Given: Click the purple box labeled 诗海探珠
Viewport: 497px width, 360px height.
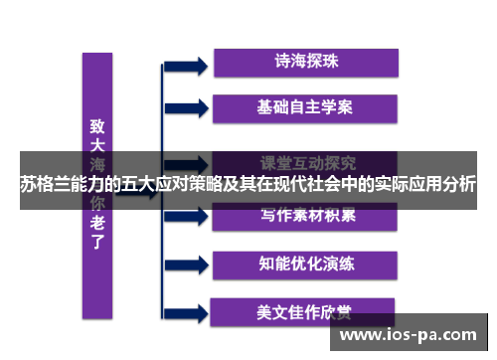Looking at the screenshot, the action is pyautogui.click(x=306, y=61).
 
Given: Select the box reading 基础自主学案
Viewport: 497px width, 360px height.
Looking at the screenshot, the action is pyautogui.click(x=306, y=104).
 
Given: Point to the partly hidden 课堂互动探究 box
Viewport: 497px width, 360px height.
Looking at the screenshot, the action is pyautogui.click(x=306, y=160).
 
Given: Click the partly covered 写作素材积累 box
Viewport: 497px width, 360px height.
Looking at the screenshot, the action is pyautogui.click(x=306, y=214).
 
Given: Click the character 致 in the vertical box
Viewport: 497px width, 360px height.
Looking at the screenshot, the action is pyautogui.click(x=97, y=126).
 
